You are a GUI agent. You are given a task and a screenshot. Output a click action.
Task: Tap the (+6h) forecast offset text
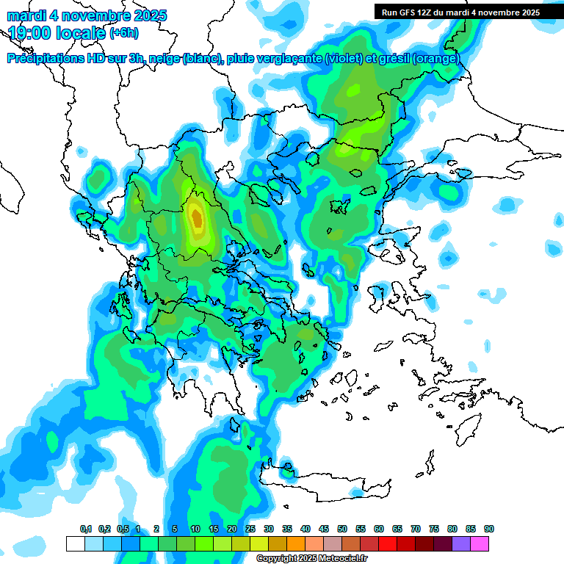(124, 33)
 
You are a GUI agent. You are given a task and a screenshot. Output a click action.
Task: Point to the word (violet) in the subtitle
(340, 58)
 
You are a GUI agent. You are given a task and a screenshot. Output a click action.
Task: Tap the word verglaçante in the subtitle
(288, 58)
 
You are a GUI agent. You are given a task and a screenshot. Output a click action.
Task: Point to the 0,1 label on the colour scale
(85, 529)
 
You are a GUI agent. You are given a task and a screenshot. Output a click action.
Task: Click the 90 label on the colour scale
(489, 529)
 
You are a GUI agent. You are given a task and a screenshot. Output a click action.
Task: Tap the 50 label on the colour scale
(342, 529)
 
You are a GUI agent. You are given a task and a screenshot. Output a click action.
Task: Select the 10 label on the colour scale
(195, 529)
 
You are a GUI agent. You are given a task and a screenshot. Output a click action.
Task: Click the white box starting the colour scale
(75, 543)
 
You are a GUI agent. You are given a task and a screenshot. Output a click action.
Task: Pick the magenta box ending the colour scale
(480, 543)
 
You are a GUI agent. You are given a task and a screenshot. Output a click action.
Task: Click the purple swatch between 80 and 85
(461, 543)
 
